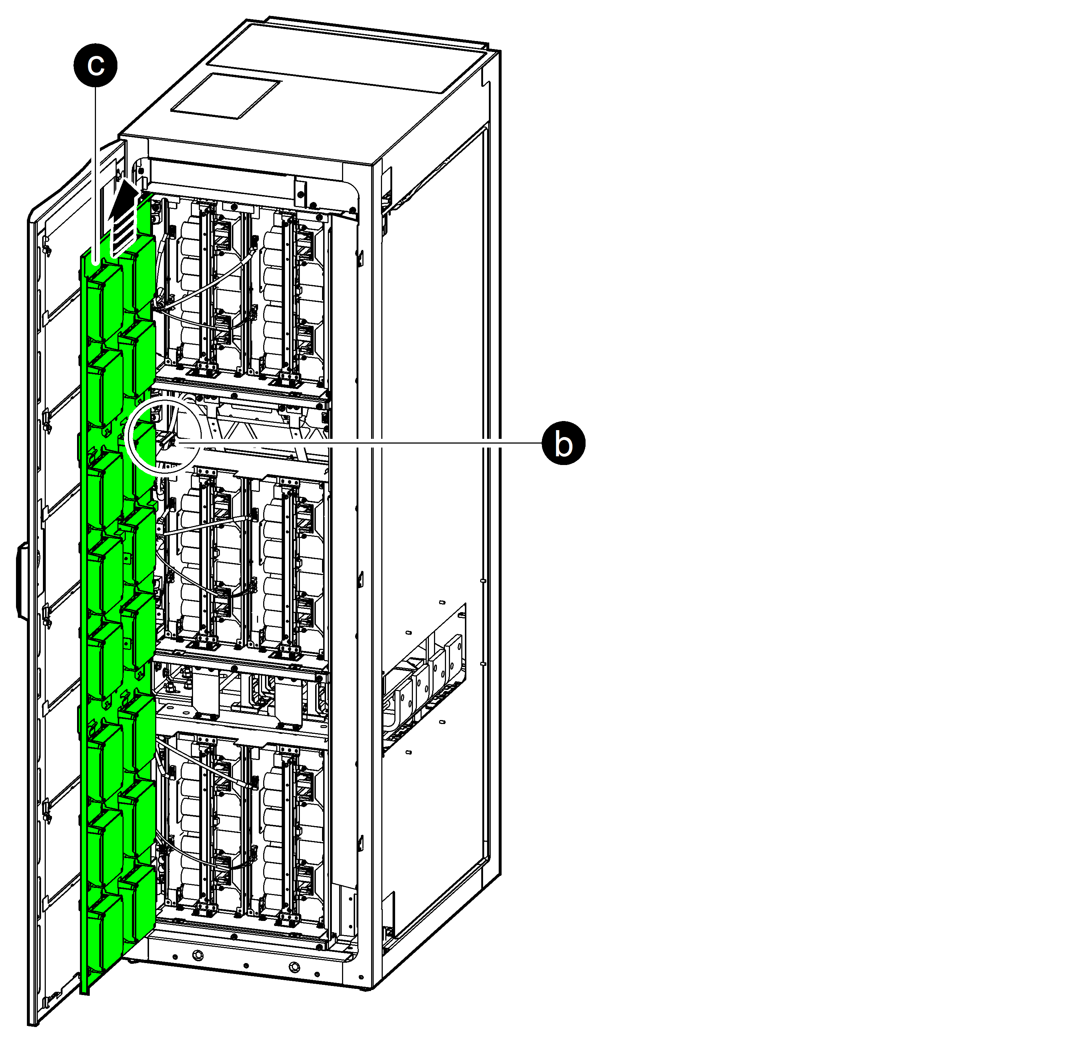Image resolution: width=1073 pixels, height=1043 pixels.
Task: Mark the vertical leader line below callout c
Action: click(x=96, y=175)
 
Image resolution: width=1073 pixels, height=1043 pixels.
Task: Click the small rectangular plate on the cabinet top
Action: click(x=225, y=96)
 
